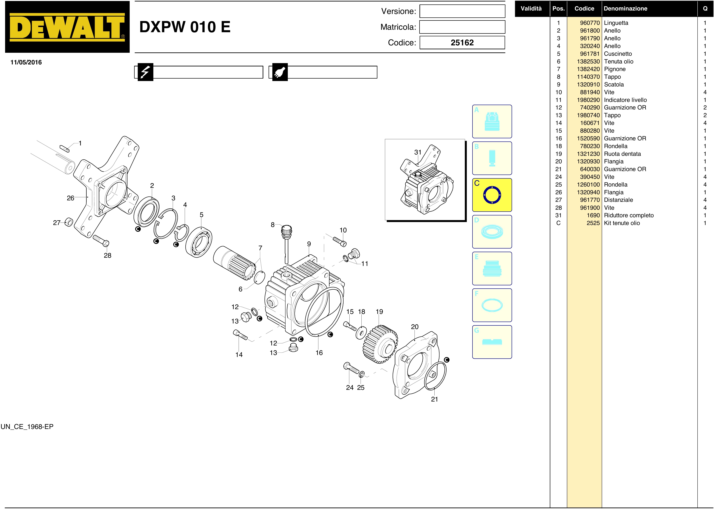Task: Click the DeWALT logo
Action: click(x=67, y=27)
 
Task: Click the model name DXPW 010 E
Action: click(x=185, y=27)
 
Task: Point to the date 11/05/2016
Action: click(x=26, y=62)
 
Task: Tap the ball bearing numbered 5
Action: click(x=199, y=242)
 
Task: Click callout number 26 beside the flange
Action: click(x=71, y=198)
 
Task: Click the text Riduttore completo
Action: click(x=629, y=215)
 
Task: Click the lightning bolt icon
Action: click(x=145, y=72)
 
